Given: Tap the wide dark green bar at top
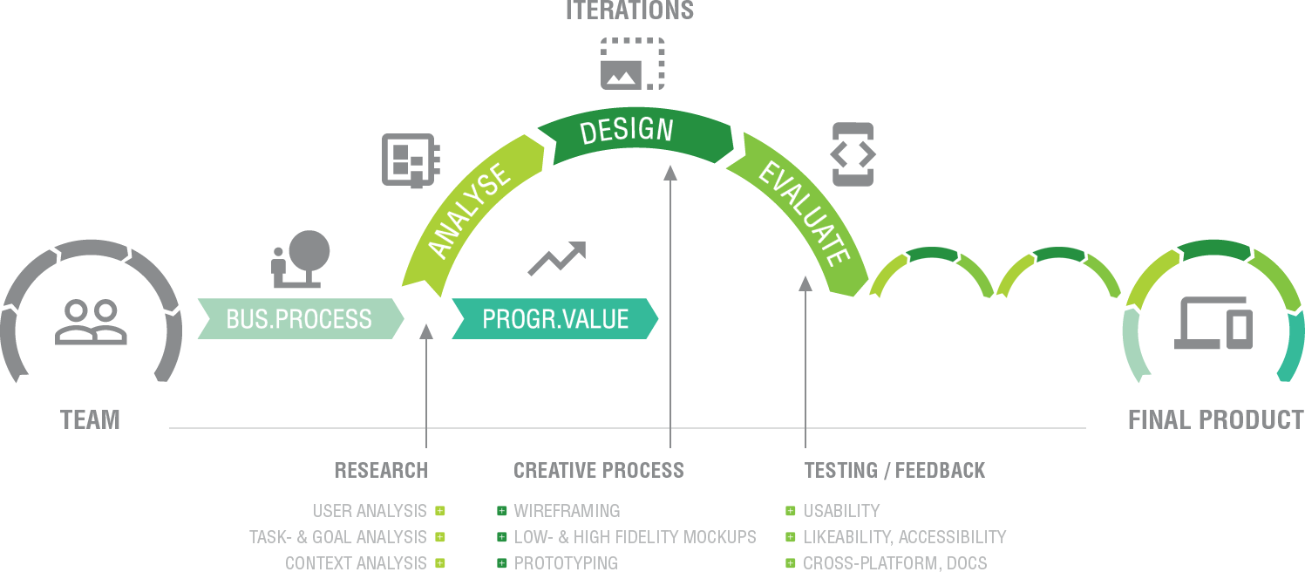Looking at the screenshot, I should coord(635,135).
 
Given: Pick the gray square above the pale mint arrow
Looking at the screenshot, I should coord(301,259).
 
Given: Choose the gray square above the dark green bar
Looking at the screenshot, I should coord(633,64).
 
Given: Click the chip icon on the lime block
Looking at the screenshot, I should coord(411,160).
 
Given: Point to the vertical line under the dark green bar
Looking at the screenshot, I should coord(670,305).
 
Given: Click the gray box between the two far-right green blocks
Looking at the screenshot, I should coord(1213,323).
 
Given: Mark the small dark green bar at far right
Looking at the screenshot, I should coord(1213,250).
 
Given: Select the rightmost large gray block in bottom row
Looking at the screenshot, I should coord(905,537).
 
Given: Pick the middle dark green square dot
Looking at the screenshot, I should coord(502,537).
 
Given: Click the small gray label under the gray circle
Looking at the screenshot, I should coord(90,420).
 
